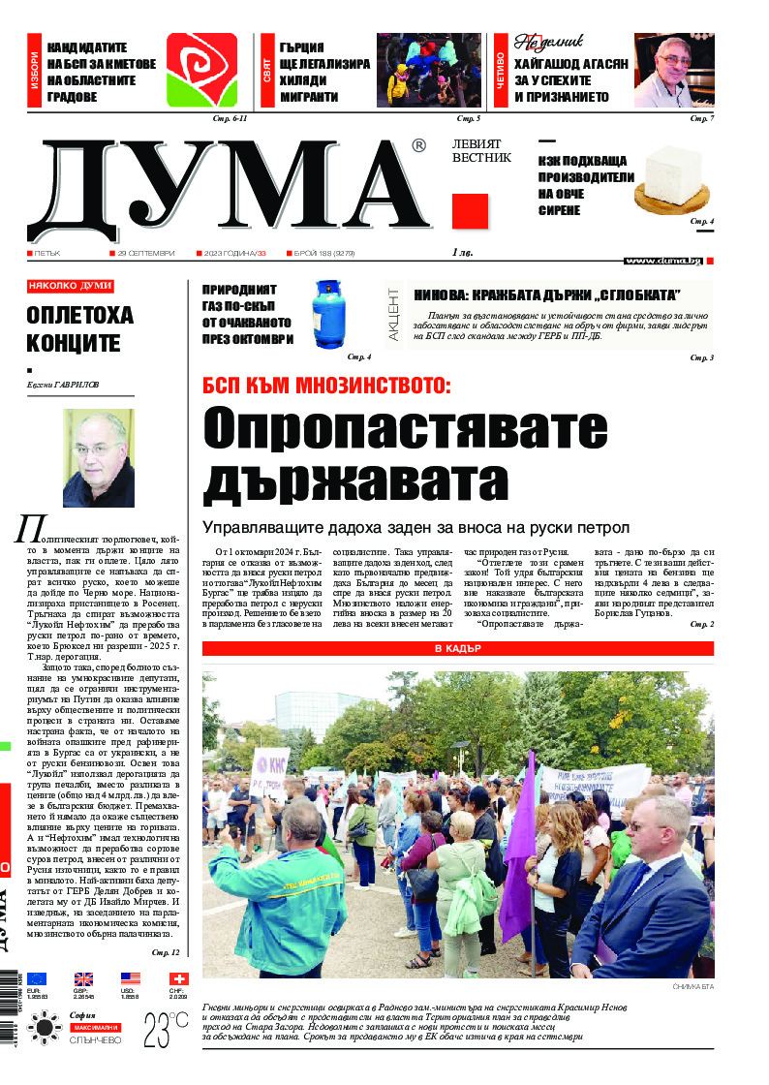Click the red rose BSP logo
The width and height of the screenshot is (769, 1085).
(201, 71)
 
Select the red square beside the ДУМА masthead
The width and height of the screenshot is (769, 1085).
(470, 211)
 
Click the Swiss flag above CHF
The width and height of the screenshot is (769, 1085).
(178, 979)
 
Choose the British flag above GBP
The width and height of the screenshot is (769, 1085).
(83, 979)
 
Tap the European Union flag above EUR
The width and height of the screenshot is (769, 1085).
(37, 979)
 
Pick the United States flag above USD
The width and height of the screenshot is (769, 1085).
(131, 979)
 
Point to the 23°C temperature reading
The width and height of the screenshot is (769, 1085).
(166, 1026)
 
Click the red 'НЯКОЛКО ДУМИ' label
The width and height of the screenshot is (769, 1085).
(70, 287)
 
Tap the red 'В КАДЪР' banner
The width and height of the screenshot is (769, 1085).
(458, 648)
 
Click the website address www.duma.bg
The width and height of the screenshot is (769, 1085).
(663, 261)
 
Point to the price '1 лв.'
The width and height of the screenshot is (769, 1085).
(466, 253)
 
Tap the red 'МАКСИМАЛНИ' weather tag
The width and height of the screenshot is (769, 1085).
(95, 1027)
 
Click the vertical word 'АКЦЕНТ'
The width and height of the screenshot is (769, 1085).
(393, 312)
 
